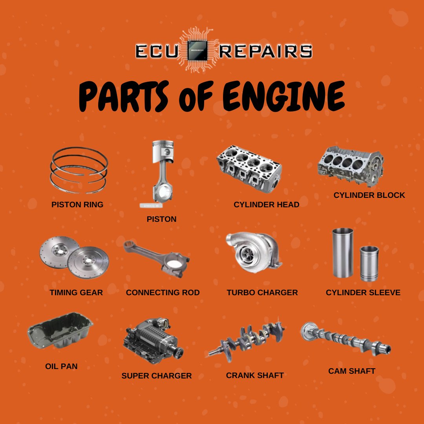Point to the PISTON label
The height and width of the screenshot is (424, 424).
pyautogui.click(x=161, y=219)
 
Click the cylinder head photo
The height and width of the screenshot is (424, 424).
pyautogui.click(x=249, y=168)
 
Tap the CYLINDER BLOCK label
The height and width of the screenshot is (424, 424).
pyautogui.click(x=369, y=195)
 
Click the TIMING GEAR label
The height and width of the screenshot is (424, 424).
pyautogui.click(x=76, y=292)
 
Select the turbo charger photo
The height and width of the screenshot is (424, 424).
pyautogui.click(x=253, y=254)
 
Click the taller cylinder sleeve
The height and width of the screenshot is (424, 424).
pyautogui.click(x=342, y=253)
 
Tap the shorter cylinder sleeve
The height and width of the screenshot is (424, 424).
pyautogui.click(x=369, y=263)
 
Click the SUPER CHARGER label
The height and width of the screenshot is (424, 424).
pyautogui.click(x=157, y=376)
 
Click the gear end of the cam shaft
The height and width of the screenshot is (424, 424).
pyautogui.click(x=308, y=331)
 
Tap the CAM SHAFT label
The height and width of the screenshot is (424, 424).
pyautogui.click(x=352, y=371)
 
